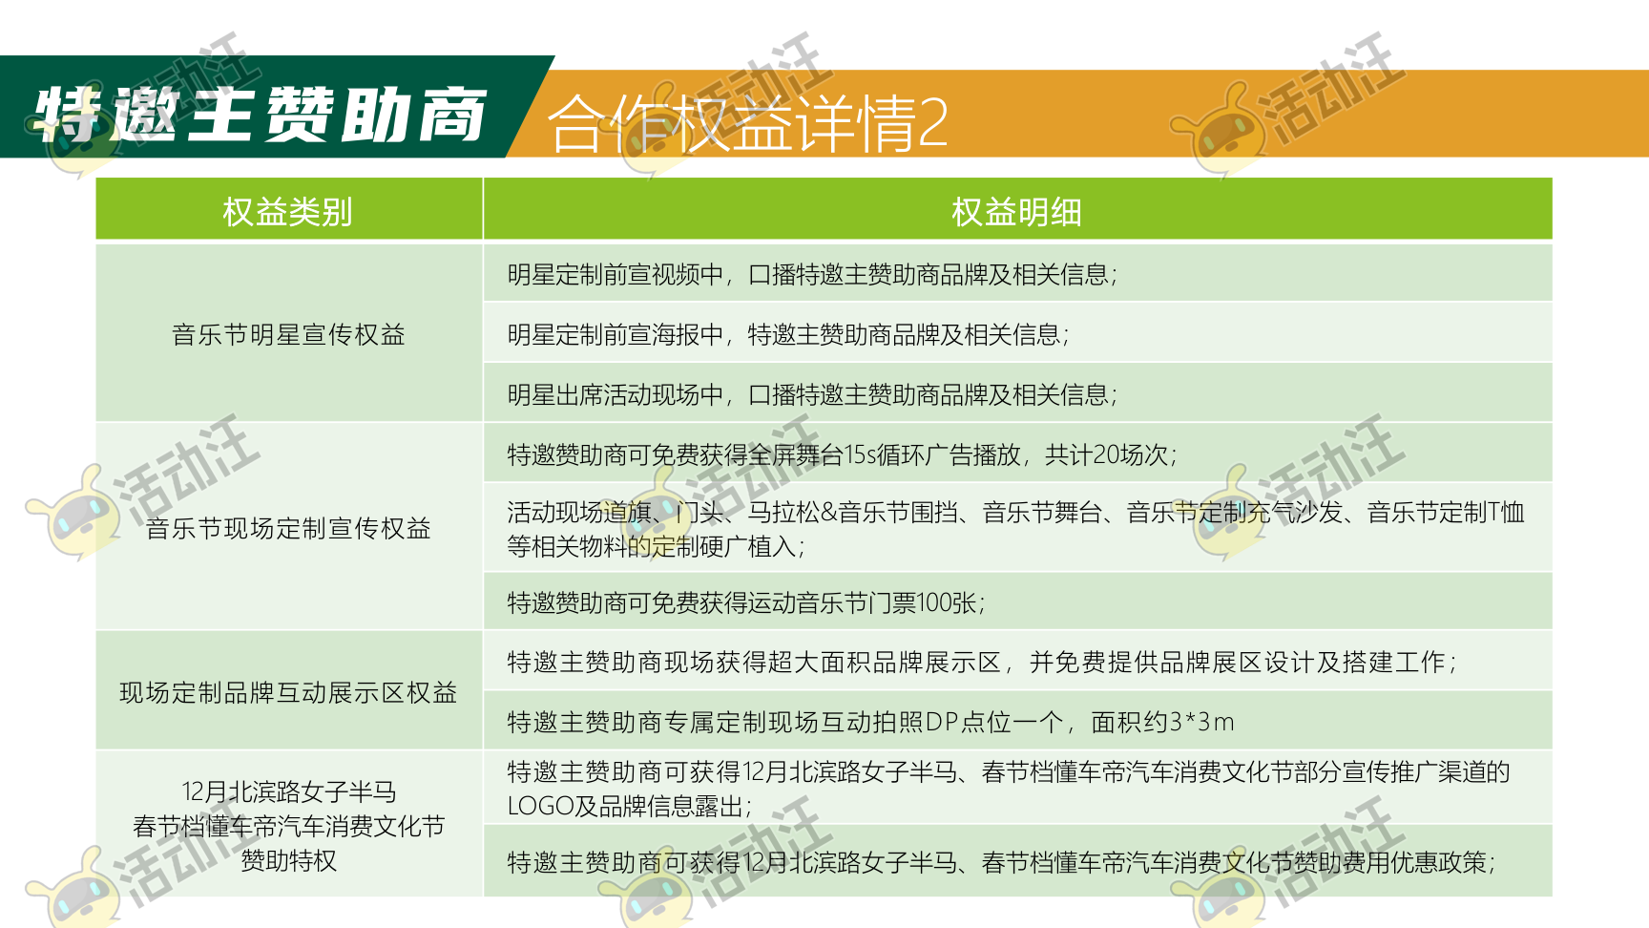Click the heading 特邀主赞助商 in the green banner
tap(261, 115)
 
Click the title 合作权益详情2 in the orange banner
tap(748, 123)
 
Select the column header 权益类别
tap(288, 212)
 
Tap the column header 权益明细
tap(1017, 212)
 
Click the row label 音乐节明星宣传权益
tap(288, 335)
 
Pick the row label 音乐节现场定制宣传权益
tap(288, 528)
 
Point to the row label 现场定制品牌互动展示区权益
tap(288, 692)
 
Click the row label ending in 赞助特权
tap(288, 826)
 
